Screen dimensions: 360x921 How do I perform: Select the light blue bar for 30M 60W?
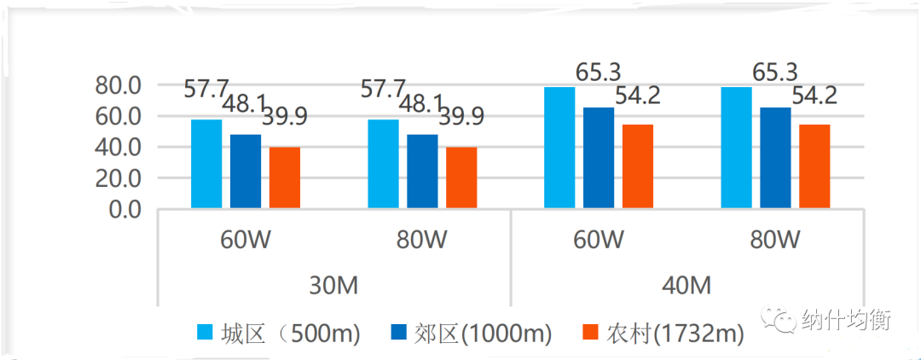tap(206, 164)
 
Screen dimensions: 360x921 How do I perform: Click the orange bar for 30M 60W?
tap(285, 178)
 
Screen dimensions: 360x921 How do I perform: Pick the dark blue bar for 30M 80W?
tap(422, 171)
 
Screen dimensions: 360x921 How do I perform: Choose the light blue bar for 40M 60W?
tap(559, 148)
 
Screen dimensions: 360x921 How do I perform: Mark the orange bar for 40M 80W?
tap(814, 166)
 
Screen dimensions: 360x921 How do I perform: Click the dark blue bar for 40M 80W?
tap(775, 158)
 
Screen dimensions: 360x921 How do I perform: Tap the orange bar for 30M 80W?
tap(461, 178)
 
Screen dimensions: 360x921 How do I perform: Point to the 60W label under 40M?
tap(598, 241)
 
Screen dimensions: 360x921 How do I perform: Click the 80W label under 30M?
tap(422, 241)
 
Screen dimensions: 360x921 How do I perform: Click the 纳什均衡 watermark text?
tap(845, 320)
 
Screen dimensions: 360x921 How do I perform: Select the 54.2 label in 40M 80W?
tap(814, 95)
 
